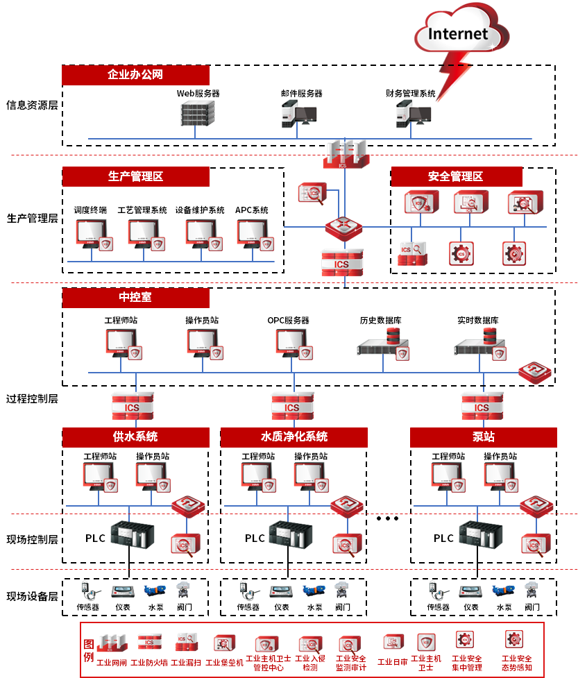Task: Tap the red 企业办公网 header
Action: point(135,75)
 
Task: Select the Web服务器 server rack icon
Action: point(196,114)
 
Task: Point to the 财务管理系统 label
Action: point(411,93)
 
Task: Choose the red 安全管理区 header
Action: point(455,176)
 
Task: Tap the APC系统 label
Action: point(251,210)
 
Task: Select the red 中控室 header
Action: point(135,298)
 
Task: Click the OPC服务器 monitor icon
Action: point(289,342)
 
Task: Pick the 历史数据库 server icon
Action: point(381,342)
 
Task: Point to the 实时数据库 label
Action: point(477,321)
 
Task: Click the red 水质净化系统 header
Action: point(294,437)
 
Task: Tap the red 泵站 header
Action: point(484,437)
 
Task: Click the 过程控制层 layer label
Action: point(32,399)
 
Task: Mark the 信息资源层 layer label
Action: point(32,105)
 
